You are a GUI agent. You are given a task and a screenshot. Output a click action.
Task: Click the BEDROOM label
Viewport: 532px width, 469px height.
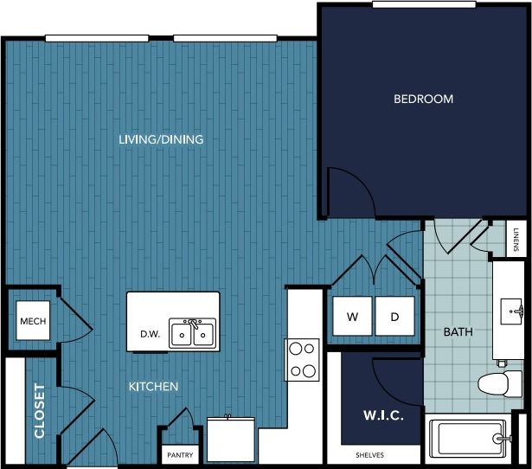click(x=423, y=100)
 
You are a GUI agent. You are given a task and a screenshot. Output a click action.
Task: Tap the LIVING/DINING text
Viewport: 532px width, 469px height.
click(x=161, y=139)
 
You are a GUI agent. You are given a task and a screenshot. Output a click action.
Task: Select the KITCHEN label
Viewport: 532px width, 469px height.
click(x=154, y=387)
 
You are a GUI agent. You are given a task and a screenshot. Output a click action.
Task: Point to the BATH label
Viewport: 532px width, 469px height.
click(x=457, y=331)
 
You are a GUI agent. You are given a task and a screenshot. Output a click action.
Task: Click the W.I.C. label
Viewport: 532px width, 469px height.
click(x=378, y=416)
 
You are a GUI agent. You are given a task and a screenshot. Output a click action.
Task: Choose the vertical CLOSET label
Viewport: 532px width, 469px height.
click(x=40, y=410)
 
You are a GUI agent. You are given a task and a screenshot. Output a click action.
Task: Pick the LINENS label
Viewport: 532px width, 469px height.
click(x=516, y=239)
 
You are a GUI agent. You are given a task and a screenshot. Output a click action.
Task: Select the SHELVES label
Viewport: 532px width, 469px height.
click(x=369, y=455)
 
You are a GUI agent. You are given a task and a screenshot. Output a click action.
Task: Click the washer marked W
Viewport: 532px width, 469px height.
click(x=353, y=317)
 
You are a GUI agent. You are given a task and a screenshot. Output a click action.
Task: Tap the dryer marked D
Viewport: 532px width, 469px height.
click(x=394, y=317)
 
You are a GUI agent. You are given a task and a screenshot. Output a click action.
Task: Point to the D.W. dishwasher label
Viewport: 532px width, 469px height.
click(x=151, y=334)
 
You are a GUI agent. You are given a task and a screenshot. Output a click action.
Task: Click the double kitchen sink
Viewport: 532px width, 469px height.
click(x=193, y=332)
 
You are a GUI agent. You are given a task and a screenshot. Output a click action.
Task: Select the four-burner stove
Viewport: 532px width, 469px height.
click(x=303, y=360)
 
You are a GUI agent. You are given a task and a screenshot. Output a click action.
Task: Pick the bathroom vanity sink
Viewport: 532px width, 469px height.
click(x=514, y=310)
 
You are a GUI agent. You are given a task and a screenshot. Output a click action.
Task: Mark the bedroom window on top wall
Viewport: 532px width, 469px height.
click(x=423, y=4)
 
